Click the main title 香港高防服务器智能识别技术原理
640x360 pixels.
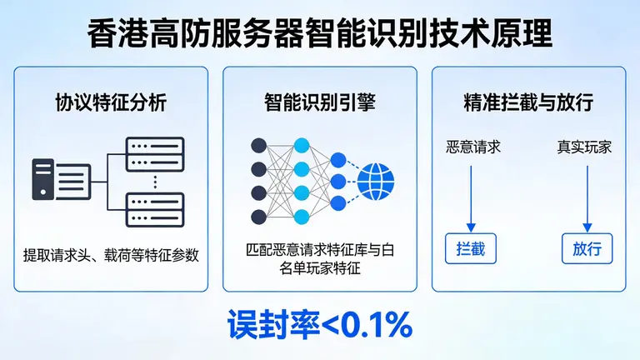pos(320,35)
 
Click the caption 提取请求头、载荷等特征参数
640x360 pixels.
pos(112,255)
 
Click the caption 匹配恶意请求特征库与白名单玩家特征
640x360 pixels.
pos(320,259)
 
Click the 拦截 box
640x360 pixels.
pos(472,249)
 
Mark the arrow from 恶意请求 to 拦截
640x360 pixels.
pos(472,196)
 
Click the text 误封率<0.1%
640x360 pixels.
pos(320,326)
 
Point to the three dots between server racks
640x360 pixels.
pos(155,181)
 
